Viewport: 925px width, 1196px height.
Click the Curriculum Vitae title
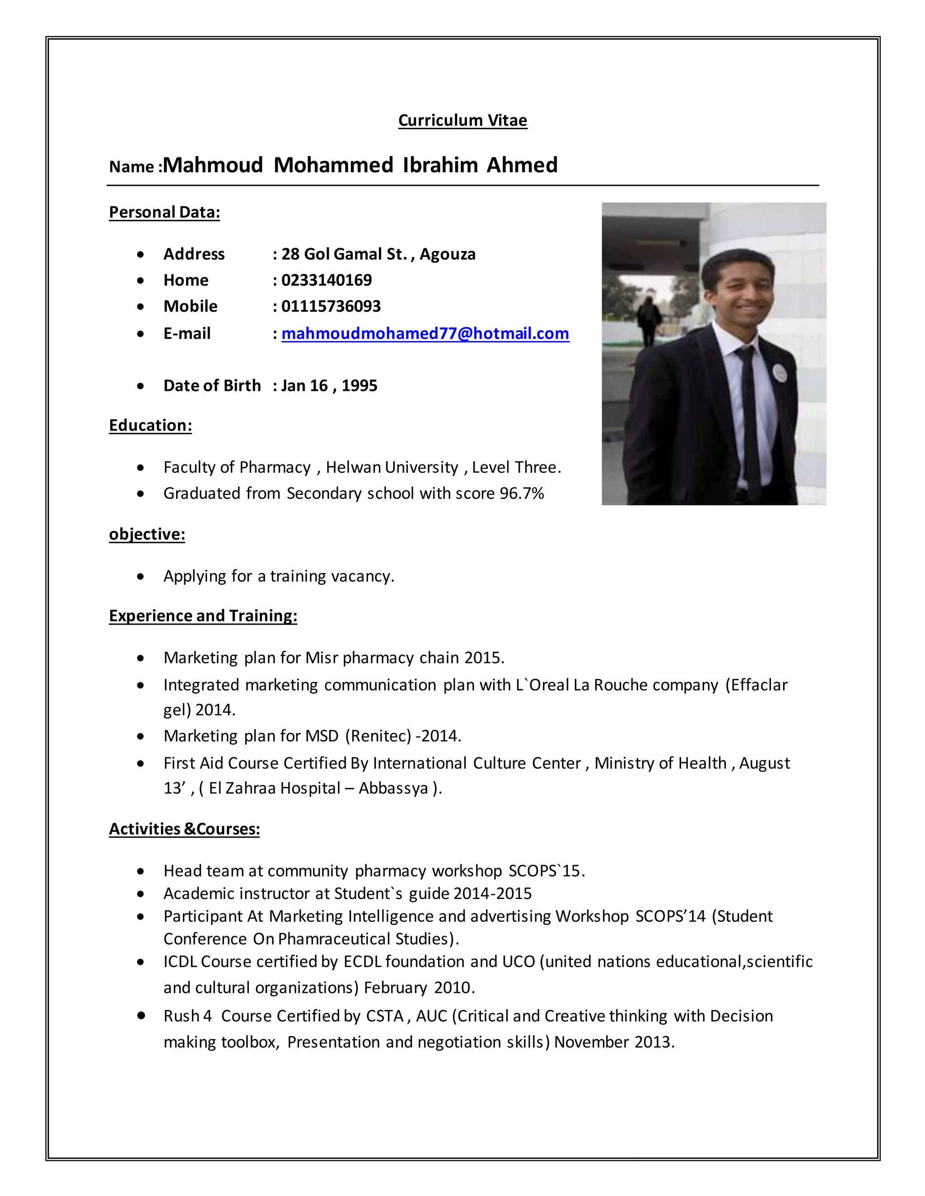(x=462, y=121)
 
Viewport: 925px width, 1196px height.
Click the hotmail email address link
(x=425, y=334)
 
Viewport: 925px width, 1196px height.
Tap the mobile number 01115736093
(x=331, y=306)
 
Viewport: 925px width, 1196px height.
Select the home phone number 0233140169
(x=327, y=280)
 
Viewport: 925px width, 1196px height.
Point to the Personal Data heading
(x=164, y=213)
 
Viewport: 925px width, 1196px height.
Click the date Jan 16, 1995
(x=329, y=385)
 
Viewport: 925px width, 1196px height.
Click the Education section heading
(x=150, y=426)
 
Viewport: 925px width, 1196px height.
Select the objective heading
(x=147, y=534)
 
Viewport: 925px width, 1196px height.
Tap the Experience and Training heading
(x=203, y=616)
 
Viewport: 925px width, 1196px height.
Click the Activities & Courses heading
(x=184, y=829)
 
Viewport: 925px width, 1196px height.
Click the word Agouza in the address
(x=448, y=255)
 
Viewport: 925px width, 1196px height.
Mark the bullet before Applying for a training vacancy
(x=141, y=577)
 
